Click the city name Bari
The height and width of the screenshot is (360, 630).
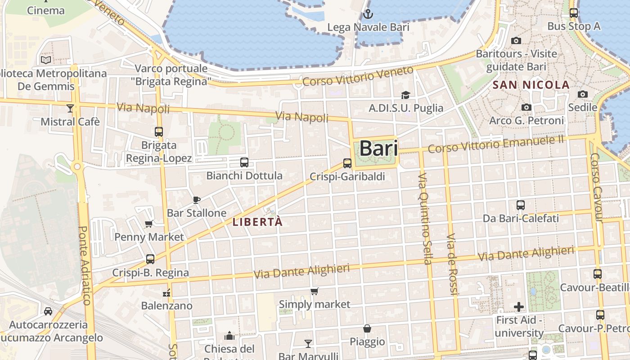pos(378,148)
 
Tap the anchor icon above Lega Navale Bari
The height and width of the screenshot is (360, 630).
pos(368,14)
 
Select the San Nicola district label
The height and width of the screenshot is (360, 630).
pos(531,85)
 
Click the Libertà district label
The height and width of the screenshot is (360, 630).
pos(258,222)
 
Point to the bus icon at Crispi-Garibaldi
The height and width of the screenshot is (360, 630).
pos(347,163)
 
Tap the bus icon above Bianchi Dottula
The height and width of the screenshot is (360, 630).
pos(244,162)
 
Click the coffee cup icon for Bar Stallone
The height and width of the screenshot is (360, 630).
pos(196,200)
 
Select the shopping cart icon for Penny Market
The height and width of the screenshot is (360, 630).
pos(149,224)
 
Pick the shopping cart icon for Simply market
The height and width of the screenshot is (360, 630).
pos(315,291)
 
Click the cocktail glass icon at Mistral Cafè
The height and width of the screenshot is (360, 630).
pos(70,108)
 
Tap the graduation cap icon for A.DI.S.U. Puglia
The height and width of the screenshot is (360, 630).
pos(405,95)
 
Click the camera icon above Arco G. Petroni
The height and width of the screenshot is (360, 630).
pos(526,107)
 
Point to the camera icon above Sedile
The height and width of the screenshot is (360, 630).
pos(583,94)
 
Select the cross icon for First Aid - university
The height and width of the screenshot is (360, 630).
pos(519,307)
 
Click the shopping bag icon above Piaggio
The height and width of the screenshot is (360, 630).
pos(367,328)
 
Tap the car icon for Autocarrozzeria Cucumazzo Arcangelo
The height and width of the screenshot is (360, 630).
pos(48,311)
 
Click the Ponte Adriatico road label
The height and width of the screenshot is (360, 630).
pos(85,265)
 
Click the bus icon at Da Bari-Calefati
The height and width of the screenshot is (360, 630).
pos(521,205)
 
